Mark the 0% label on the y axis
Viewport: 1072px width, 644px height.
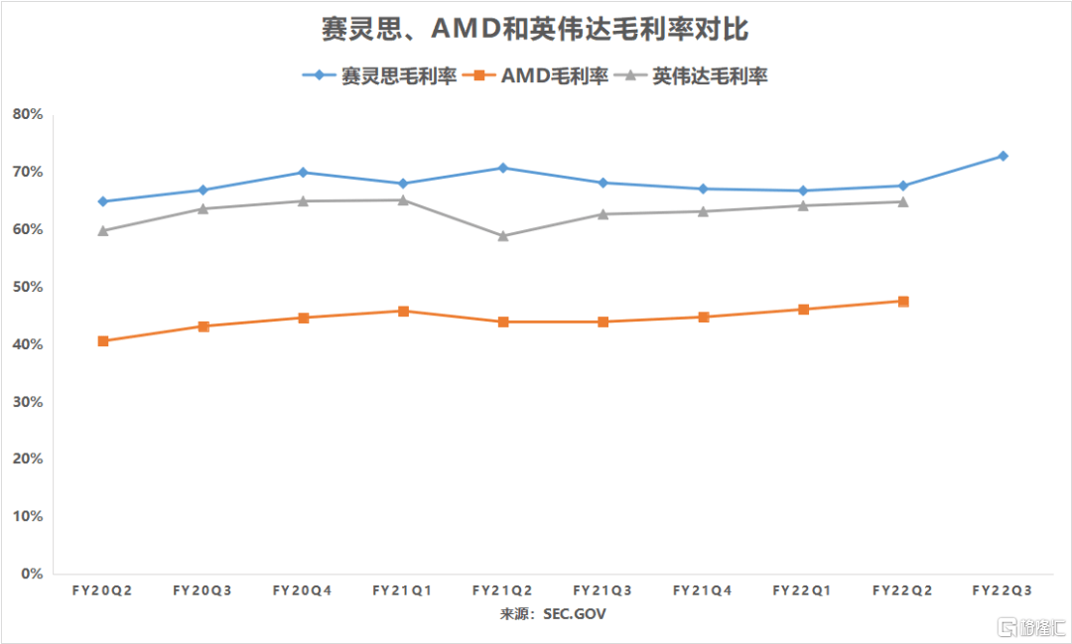32,574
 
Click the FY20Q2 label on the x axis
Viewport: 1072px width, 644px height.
102,590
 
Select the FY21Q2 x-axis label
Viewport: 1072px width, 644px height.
502,590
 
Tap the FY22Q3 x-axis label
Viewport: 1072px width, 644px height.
1003,590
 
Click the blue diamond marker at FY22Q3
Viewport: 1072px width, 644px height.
1003,156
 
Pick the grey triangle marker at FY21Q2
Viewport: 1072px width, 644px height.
503,236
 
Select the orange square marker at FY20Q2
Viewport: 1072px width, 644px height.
103,341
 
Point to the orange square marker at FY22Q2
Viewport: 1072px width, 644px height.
903,301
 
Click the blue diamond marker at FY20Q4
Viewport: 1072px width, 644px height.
303,173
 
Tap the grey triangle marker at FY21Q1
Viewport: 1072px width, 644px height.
403,200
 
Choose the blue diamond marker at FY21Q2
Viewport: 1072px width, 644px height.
503,168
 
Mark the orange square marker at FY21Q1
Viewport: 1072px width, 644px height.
403,311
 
